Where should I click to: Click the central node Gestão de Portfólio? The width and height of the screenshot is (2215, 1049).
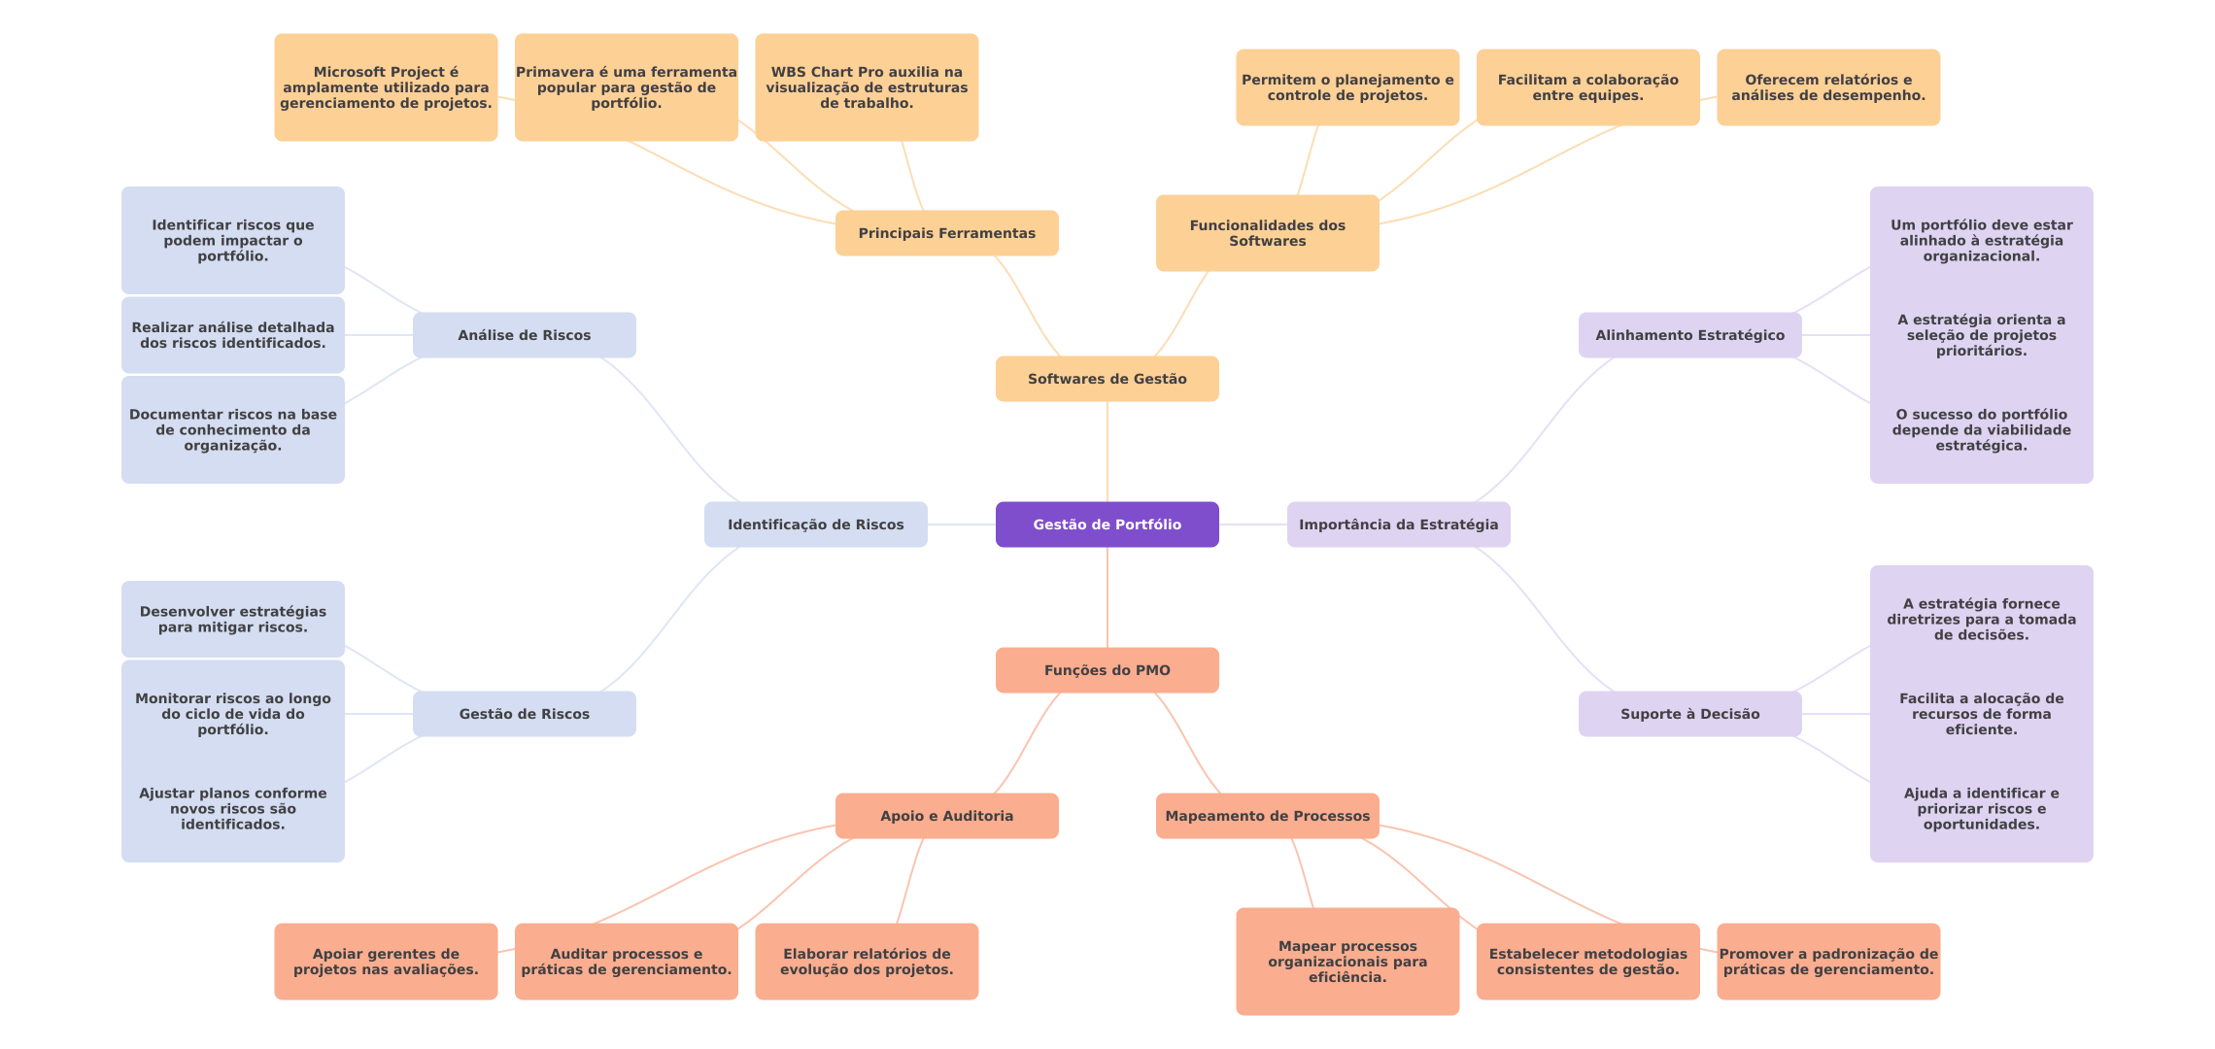pos(1107,524)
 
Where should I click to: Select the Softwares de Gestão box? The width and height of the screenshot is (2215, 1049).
pos(1107,379)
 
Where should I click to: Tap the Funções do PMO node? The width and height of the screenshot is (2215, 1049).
pos(1107,670)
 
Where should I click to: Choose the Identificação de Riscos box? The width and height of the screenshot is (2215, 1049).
pos(816,524)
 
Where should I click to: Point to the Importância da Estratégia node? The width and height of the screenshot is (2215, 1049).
pos(1399,524)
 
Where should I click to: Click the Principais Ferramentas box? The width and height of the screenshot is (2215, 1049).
pos(947,233)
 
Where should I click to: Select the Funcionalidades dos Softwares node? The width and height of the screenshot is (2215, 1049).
pos(1268,233)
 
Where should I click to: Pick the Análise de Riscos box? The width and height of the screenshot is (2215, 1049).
pos(525,335)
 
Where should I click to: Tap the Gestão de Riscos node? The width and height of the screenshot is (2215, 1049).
pos(525,714)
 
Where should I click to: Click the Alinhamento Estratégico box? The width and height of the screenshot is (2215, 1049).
pos(1690,335)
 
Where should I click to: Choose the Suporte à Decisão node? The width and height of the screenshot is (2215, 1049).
pos(1690,714)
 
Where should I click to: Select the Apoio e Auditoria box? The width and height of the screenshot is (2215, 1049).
pos(947,816)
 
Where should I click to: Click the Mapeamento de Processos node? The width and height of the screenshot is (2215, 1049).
pos(1268,816)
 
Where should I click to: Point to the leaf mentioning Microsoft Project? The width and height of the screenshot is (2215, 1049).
pos(386,87)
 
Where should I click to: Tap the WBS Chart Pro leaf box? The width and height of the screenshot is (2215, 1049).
pos(867,87)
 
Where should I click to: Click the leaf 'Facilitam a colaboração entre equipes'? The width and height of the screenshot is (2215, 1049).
pos(1588,87)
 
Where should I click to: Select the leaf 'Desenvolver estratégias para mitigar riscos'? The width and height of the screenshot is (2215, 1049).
pos(233,620)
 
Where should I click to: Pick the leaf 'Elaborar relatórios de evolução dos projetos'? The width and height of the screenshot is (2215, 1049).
pos(867,962)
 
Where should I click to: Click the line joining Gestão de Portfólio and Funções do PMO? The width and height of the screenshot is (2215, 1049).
pos(1107,597)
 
